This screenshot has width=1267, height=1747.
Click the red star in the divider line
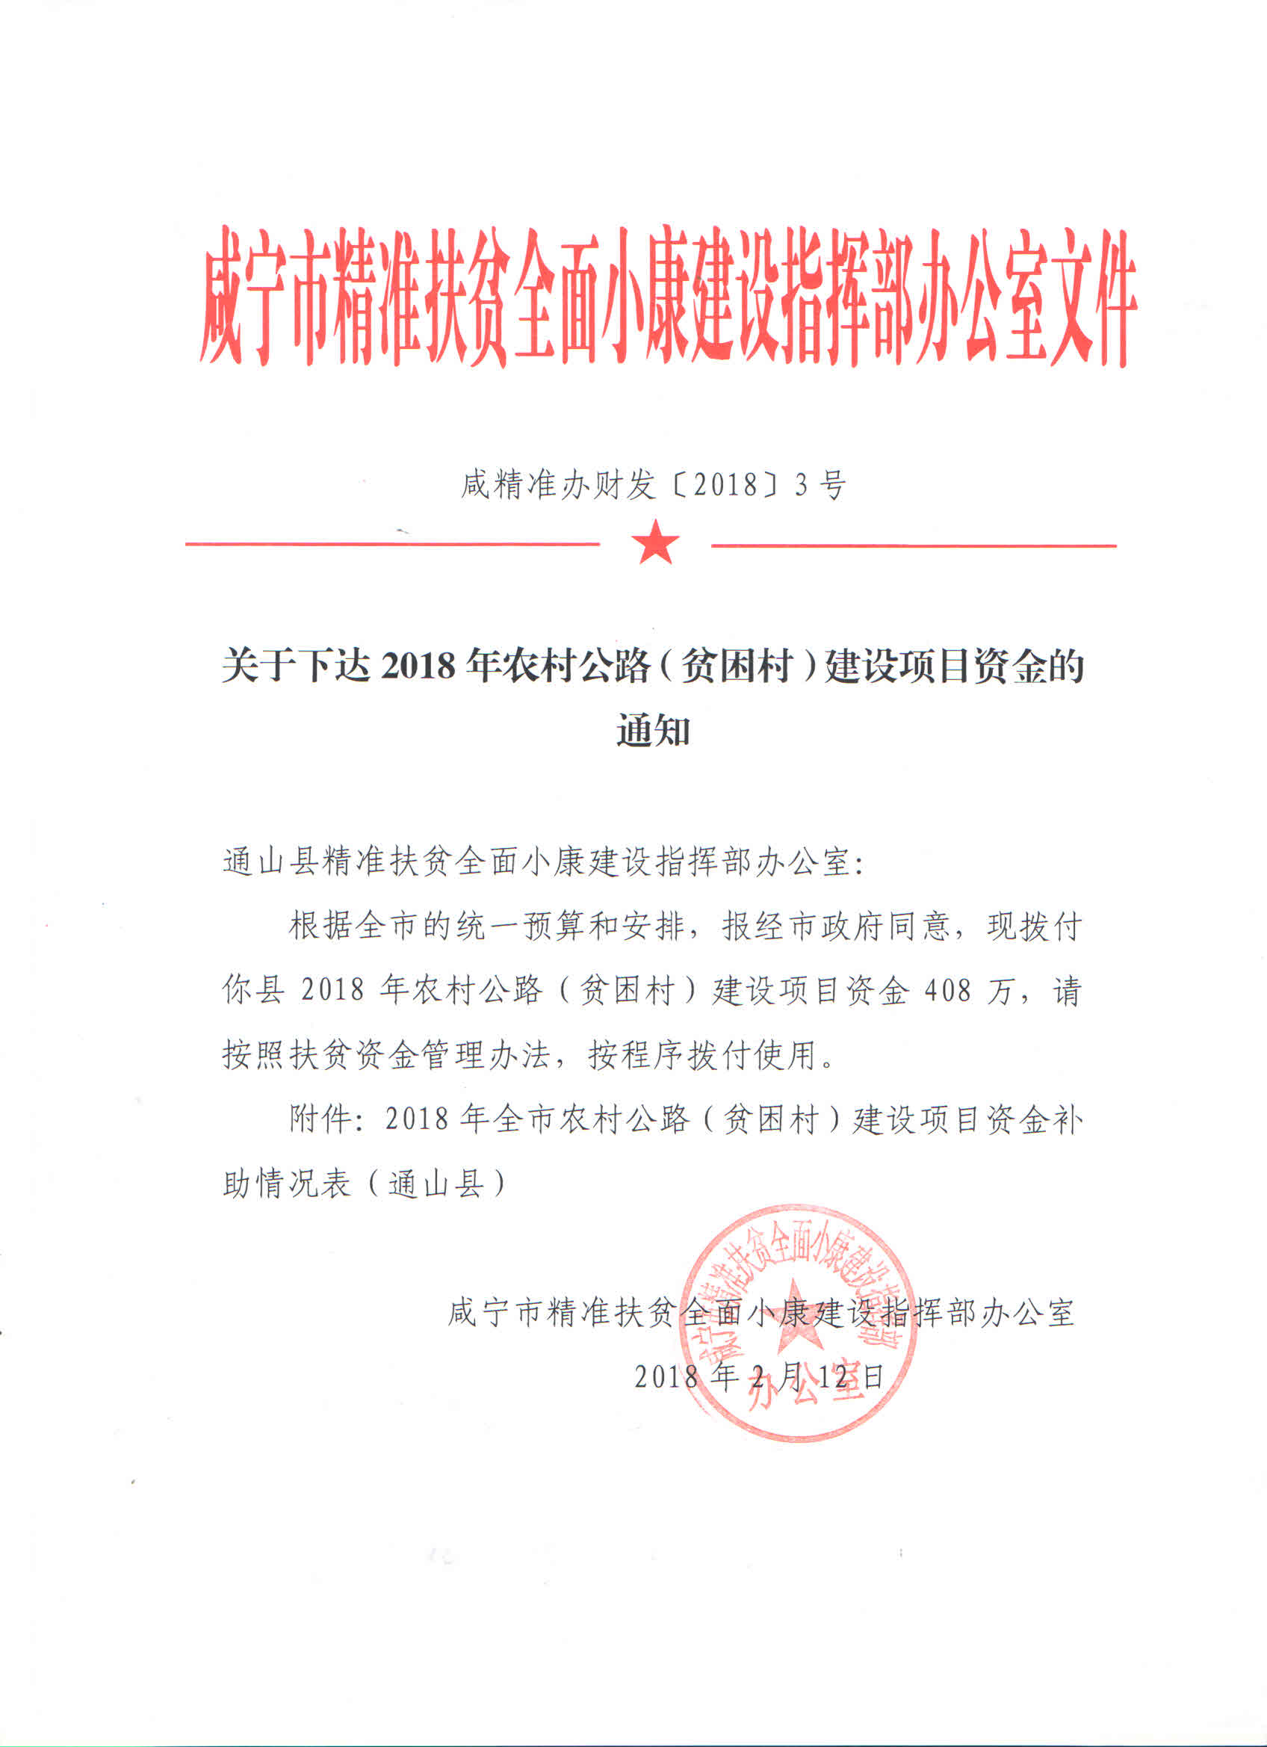[654, 542]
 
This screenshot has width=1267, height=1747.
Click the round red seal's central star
[796, 1316]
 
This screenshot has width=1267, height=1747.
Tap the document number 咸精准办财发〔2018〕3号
[653, 485]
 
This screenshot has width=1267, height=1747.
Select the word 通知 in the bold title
[652, 729]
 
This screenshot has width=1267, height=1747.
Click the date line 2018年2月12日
[759, 1376]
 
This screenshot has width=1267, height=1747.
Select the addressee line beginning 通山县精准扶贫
[544, 862]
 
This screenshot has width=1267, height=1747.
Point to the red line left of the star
[392, 544]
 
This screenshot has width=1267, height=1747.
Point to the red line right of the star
[914, 545]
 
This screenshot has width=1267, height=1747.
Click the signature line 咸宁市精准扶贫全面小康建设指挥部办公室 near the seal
[761, 1313]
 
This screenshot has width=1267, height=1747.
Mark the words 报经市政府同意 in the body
[836, 927]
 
